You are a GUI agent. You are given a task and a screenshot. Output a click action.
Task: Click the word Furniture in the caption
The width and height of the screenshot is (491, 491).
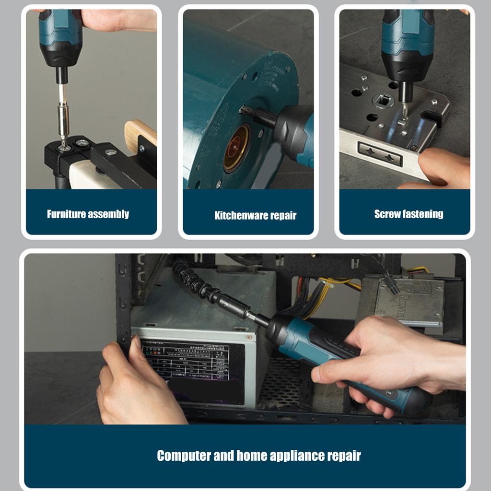click(x=64, y=214)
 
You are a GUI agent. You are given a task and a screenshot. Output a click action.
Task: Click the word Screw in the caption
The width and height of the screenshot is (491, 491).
click(x=387, y=214)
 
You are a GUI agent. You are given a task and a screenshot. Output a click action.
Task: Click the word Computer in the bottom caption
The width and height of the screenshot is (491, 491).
click(x=184, y=456)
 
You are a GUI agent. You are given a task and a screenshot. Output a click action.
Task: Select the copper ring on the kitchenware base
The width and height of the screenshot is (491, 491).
click(x=236, y=148)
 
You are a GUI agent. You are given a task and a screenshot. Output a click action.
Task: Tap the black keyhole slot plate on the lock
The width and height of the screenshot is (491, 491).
click(x=380, y=154)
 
